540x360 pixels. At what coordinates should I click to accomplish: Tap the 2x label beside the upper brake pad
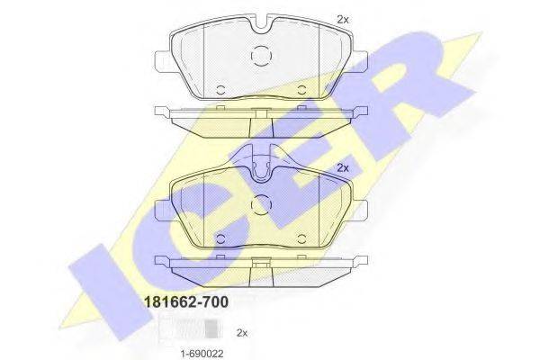click(342, 19)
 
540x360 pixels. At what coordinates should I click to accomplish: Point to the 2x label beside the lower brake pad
click(342, 167)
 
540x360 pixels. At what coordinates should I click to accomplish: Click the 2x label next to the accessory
click(241, 333)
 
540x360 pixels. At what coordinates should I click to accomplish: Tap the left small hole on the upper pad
click(220, 89)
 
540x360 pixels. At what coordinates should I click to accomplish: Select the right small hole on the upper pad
click(301, 89)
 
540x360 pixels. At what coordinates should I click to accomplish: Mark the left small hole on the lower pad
click(220, 238)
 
